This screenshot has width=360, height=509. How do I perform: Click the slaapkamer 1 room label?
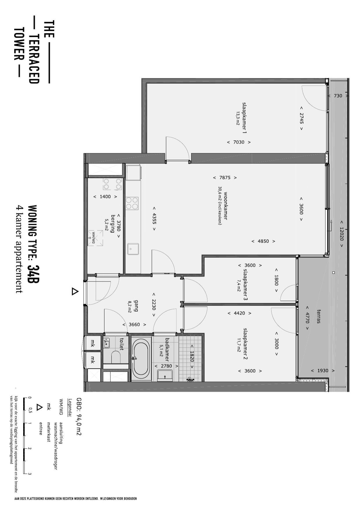tap(244, 118)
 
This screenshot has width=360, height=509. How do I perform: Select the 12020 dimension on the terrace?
tap(341, 234)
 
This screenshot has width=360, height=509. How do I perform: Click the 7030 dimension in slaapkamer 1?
tap(239, 142)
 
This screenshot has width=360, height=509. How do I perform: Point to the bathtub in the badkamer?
tap(141, 358)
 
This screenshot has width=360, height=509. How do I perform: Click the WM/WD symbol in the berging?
tap(95, 238)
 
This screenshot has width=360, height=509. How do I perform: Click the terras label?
tap(319, 317)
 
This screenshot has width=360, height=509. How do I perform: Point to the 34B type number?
tap(34, 274)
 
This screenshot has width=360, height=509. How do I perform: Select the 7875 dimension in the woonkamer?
tap(225, 177)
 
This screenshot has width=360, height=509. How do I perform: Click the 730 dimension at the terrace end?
tap(338, 96)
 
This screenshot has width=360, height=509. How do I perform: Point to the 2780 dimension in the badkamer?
tap(166, 366)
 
